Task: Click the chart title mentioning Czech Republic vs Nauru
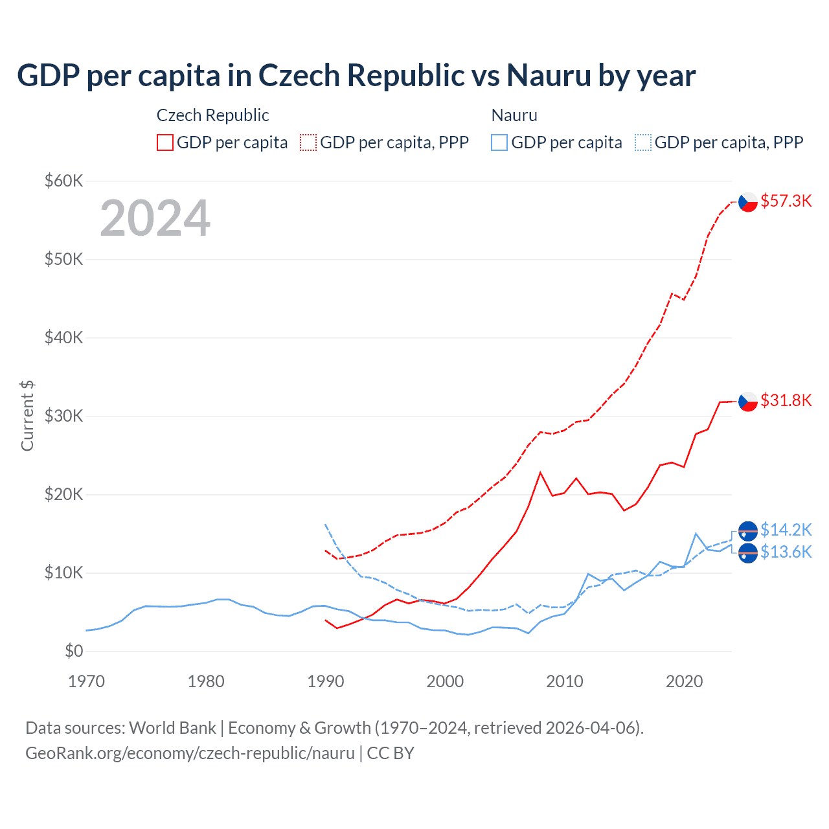tap(356, 76)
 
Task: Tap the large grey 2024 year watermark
tap(155, 218)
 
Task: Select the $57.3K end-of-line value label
tap(786, 201)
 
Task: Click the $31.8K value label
tap(786, 400)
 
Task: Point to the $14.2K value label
tap(786, 530)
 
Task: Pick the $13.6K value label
tap(786, 552)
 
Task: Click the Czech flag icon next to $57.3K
tap(748, 202)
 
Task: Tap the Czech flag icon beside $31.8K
tap(748, 402)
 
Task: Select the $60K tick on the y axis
tap(63, 181)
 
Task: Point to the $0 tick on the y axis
tap(74, 651)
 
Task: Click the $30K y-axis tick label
tap(63, 416)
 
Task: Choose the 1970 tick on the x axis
tap(86, 681)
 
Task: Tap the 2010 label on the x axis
tap(565, 681)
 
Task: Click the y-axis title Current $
tap(27, 416)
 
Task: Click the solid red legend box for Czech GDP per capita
tap(165, 142)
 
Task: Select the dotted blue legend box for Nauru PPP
tap(643, 142)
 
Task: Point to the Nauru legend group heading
tap(514, 115)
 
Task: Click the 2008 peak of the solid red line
tap(540, 473)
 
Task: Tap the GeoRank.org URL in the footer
tap(190, 753)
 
